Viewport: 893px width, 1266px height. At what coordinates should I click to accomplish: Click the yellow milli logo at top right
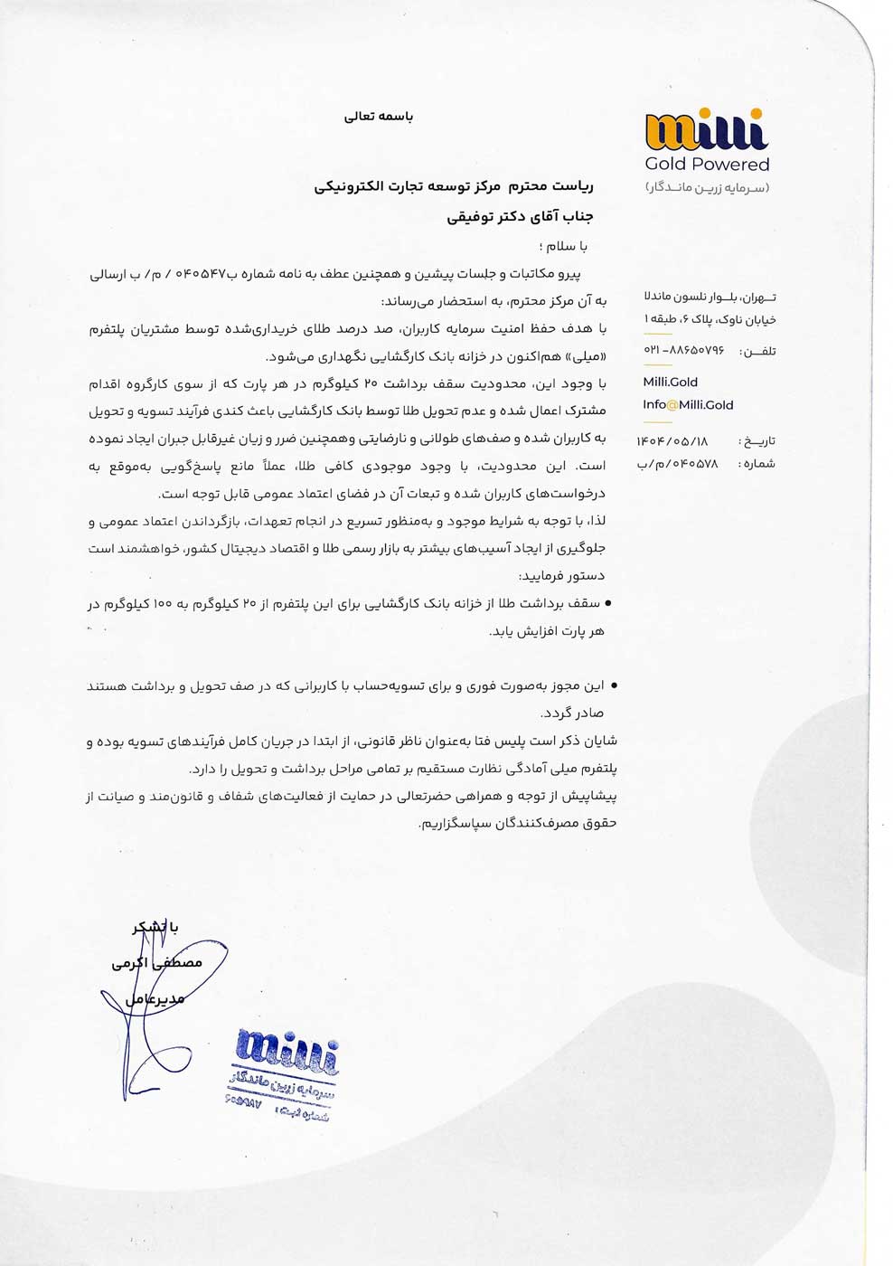pyautogui.click(x=706, y=130)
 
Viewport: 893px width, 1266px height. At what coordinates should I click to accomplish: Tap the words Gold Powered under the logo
pyautogui.click(x=707, y=165)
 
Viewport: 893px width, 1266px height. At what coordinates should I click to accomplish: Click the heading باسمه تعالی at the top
pyautogui.click(x=379, y=117)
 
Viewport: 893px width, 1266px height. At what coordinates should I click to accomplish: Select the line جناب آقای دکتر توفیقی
pyautogui.click(x=520, y=217)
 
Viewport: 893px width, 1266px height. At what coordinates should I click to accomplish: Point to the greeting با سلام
pyautogui.click(x=567, y=246)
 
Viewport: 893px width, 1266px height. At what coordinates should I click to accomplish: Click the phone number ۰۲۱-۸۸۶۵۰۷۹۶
pyautogui.click(x=683, y=350)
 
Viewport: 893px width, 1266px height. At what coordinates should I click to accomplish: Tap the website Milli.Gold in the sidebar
pyautogui.click(x=670, y=382)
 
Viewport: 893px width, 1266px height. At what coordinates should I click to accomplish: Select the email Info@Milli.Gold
pyautogui.click(x=688, y=405)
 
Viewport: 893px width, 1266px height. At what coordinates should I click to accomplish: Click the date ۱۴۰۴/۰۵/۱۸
pyautogui.click(x=672, y=441)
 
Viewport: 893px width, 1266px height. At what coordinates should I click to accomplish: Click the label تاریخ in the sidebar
pyautogui.click(x=757, y=441)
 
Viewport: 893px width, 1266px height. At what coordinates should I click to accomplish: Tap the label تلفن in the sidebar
pyautogui.click(x=757, y=351)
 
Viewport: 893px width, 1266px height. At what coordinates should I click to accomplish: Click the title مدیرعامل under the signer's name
pyautogui.click(x=155, y=999)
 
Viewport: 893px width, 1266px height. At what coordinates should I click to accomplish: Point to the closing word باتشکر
pyautogui.click(x=155, y=928)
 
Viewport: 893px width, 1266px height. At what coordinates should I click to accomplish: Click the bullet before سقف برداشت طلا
pyautogui.click(x=607, y=603)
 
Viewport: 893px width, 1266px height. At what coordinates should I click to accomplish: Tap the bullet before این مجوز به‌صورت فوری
pyautogui.click(x=615, y=686)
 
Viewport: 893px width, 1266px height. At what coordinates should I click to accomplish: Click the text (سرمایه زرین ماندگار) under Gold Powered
pyautogui.click(x=707, y=188)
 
